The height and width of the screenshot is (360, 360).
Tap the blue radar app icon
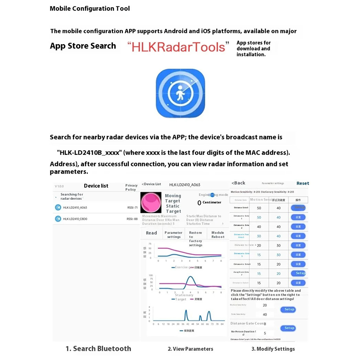point(180,93)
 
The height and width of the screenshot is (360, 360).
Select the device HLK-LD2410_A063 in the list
point(75,207)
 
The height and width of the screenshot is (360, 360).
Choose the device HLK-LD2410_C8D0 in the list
point(75,219)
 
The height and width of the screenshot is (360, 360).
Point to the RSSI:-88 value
point(132,219)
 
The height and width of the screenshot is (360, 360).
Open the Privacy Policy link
point(131,187)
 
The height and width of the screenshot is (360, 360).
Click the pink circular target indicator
point(151,203)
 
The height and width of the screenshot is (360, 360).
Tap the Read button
point(152,233)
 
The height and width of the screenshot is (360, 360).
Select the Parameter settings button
point(174,235)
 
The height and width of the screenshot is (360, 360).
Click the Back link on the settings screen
point(238,183)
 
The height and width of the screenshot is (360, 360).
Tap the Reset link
point(302,184)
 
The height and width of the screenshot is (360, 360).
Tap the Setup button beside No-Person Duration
point(289,328)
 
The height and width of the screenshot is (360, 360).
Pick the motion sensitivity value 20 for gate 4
point(259,245)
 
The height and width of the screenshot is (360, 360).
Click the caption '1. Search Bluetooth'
point(98,348)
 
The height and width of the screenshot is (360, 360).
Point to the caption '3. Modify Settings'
point(273,349)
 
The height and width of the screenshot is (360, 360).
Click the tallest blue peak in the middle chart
point(191,277)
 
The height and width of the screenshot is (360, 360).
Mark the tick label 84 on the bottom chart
point(223,324)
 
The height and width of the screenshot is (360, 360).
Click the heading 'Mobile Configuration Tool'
point(90,9)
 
